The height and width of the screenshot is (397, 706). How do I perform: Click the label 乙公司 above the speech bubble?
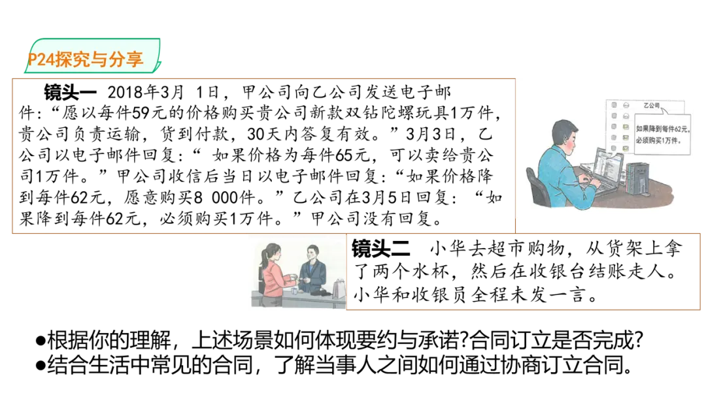point(651,105)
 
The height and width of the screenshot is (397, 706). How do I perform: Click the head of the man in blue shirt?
point(563,135)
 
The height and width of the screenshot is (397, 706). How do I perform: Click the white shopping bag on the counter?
point(338,289)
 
